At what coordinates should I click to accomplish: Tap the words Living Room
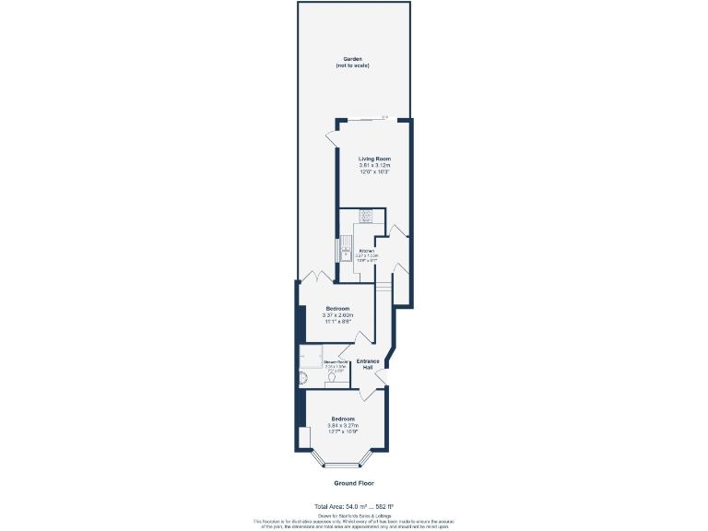click(x=374, y=159)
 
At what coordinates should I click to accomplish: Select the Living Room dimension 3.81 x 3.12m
click(x=374, y=165)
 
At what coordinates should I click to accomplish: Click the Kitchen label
click(x=366, y=251)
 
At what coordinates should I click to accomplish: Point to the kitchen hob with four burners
click(x=366, y=218)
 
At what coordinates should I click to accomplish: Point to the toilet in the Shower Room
click(x=303, y=378)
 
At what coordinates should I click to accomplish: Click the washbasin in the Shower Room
click(x=330, y=380)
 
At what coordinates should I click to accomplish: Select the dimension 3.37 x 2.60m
click(x=336, y=314)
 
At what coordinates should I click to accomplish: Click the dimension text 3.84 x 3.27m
click(x=344, y=425)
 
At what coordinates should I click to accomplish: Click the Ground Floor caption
click(x=354, y=483)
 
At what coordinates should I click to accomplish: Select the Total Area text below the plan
click(x=354, y=506)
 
